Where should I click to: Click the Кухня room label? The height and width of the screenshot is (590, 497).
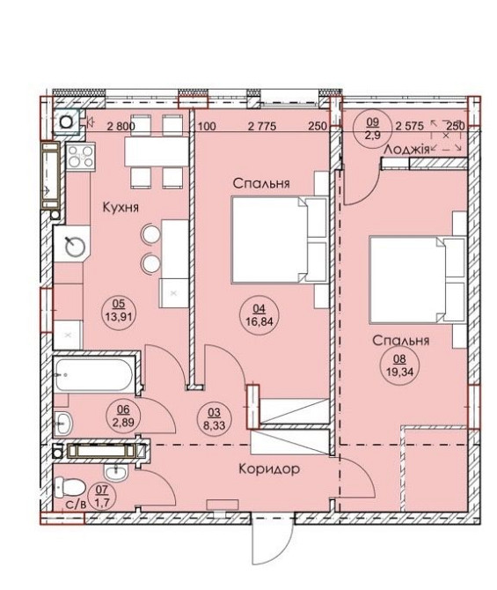click(x=121, y=207)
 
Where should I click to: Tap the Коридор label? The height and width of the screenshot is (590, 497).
click(x=269, y=468)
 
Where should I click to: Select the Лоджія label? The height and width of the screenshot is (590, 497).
click(x=406, y=150)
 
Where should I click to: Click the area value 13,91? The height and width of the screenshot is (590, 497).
click(x=119, y=316)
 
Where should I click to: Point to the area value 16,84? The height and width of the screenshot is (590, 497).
click(x=259, y=321)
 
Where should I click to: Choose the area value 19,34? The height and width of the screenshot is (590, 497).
click(x=399, y=372)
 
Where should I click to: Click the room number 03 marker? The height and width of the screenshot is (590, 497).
click(x=214, y=412)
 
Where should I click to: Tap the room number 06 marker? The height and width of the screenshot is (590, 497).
click(x=123, y=409)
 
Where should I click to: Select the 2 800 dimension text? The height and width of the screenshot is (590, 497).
click(x=121, y=126)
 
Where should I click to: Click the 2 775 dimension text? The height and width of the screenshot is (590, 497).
click(x=262, y=126)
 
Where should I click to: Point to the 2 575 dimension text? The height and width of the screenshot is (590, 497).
click(x=409, y=126)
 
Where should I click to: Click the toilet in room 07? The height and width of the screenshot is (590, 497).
click(x=69, y=487)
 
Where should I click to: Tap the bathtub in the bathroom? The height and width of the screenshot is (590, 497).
click(x=93, y=375)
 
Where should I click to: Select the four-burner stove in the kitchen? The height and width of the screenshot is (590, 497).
click(x=81, y=157)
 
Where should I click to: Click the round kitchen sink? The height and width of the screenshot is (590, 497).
click(x=72, y=247)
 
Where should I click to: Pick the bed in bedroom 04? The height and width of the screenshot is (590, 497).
click(x=279, y=240)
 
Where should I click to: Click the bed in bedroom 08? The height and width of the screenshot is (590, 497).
click(x=418, y=279)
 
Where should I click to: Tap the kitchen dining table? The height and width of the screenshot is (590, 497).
click(x=157, y=151)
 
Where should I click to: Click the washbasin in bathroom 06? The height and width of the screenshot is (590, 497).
click(x=63, y=423)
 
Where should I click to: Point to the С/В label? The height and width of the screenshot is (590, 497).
click(x=76, y=505)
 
